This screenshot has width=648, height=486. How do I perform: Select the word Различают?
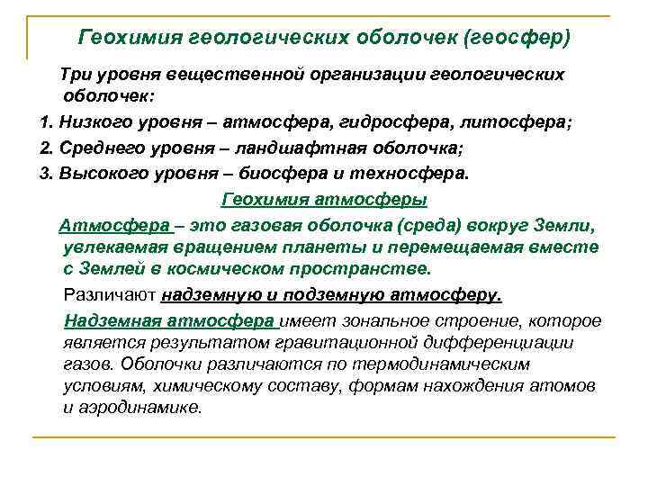(111, 294)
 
